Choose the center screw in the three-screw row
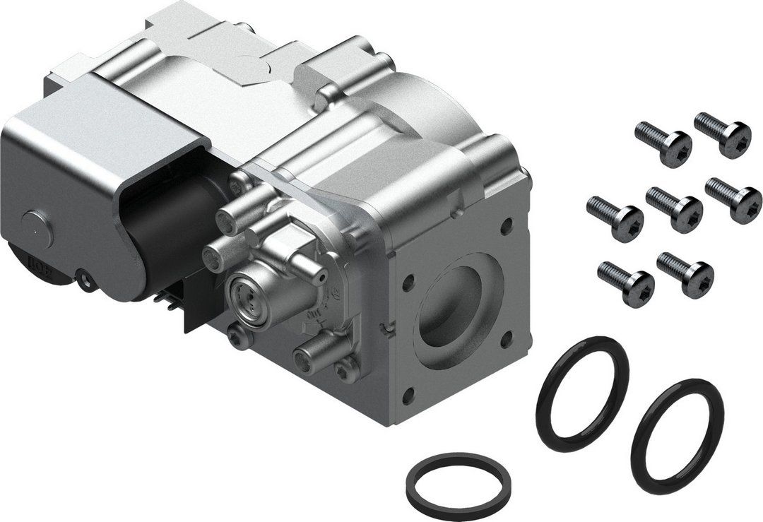[x=675, y=208]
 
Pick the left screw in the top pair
[x=663, y=142]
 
